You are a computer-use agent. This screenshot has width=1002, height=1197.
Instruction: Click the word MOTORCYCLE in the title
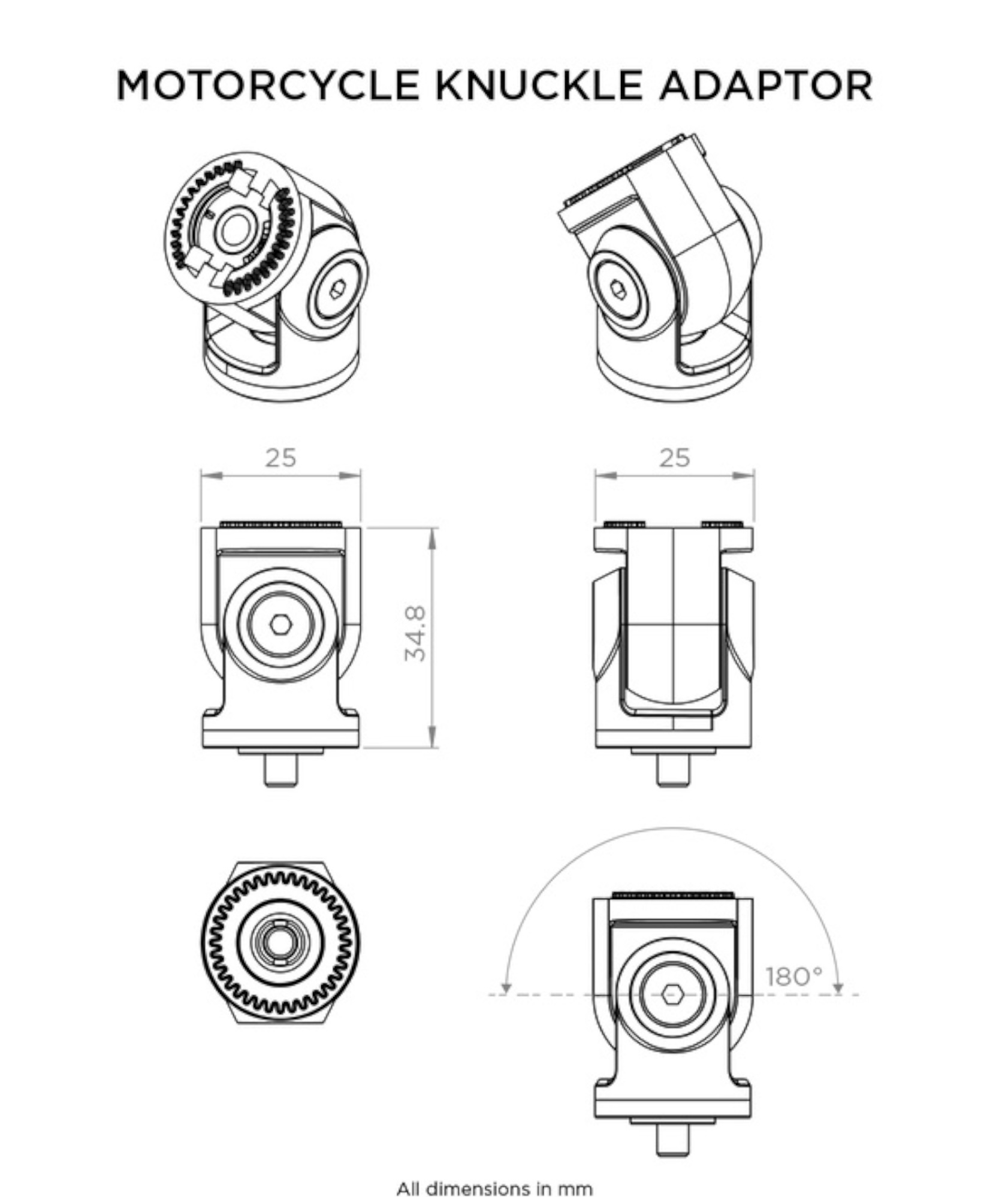[267, 85]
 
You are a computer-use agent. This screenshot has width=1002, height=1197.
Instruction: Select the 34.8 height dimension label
[416, 633]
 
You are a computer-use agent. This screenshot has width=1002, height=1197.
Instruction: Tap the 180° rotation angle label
[795, 977]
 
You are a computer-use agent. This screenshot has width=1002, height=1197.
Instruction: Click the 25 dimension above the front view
[280, 458]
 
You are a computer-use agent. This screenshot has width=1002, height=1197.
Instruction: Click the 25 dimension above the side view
[674, 458]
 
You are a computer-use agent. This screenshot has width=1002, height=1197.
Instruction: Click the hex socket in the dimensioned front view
[280, 625]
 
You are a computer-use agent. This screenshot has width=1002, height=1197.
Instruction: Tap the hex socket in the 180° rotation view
[672, 995]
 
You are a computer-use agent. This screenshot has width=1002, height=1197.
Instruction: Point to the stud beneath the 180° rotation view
[672, 1139]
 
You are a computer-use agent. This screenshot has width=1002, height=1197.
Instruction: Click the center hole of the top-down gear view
[280, 942]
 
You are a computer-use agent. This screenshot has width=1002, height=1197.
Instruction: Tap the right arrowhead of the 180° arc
[838, 988]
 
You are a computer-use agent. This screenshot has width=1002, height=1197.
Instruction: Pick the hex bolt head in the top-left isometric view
[336, 292]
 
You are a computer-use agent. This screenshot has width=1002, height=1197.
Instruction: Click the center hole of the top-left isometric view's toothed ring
[233, 229]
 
